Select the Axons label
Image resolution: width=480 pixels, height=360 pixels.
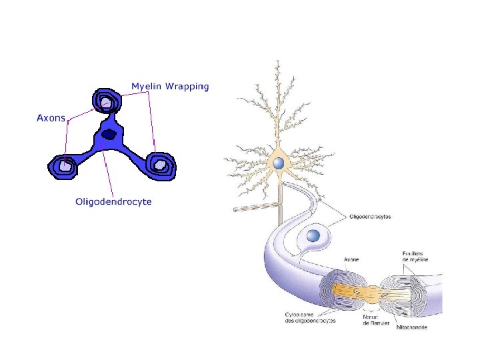click(51, 119)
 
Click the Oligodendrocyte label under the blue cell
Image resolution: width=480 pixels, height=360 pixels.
click(113, 201)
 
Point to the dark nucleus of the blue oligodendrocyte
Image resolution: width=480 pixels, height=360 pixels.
click(109, 135)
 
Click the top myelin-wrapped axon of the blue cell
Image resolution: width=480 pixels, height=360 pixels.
click(107, 103)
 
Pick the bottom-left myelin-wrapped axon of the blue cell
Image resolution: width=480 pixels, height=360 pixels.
click(65, 165)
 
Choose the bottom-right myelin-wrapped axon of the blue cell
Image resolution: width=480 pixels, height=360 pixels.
click(161, 164)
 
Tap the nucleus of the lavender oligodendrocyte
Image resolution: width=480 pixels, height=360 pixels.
click(312, 235)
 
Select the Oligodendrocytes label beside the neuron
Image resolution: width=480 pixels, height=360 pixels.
click(371, 217)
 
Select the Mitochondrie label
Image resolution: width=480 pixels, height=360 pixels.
click(411, 327)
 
